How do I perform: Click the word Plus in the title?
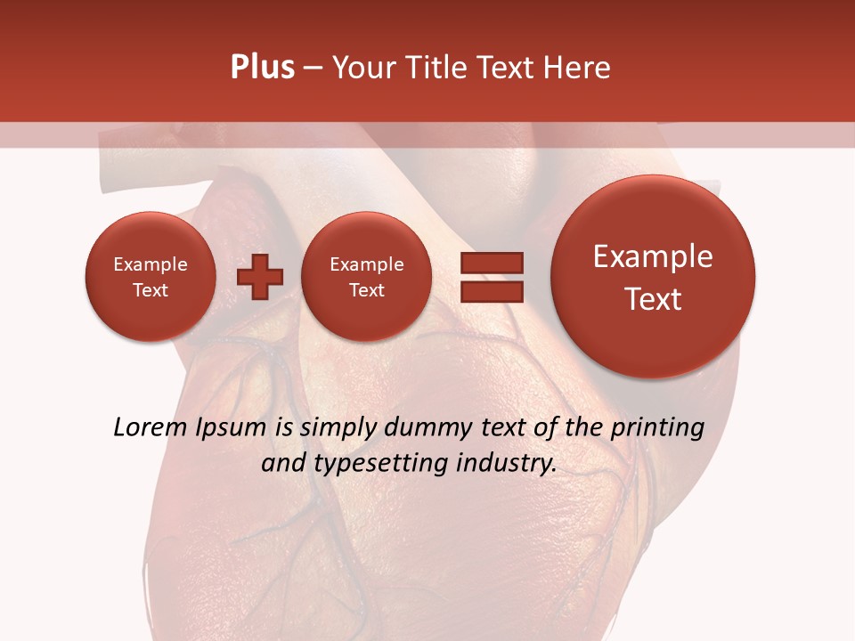(x=262, y=68)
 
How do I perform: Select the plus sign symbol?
(x=260, y=277)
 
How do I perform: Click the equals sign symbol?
(x=491, y=277)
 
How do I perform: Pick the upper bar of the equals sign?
(x=491, y=263)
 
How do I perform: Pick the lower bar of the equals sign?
(x=491, y=290)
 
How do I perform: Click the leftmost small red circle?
(x=151, y=277)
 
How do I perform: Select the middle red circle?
(x=366, y=277)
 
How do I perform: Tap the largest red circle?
(x=653, y=277)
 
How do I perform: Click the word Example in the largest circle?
(x=653, y=256)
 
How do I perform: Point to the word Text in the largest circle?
(x=653, y=299)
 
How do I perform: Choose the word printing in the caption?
(x=657, y=428)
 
